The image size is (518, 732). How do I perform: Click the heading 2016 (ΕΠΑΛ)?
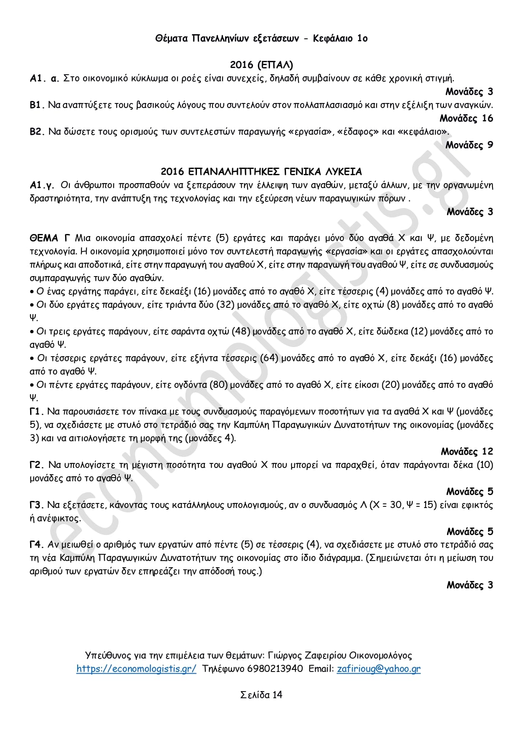261,65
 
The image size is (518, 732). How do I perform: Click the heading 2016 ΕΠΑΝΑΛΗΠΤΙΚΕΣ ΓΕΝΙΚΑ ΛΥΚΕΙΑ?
261,172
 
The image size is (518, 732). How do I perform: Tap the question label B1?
37,105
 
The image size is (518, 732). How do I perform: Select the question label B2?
37,132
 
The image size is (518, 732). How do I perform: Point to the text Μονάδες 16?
466,118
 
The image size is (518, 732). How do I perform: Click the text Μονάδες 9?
469,145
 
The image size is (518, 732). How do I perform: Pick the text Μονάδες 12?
467,452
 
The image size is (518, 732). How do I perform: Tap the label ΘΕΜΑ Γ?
50,239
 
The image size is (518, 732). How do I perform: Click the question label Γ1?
37,412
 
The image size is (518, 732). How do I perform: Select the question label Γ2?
37,465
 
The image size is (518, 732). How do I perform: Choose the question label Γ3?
37,505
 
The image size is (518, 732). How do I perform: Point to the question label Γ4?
37,545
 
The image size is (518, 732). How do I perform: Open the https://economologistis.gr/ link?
136,669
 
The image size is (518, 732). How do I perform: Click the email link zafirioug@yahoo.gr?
379,669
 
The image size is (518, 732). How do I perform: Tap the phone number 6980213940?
275,669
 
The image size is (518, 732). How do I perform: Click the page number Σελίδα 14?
261,695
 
